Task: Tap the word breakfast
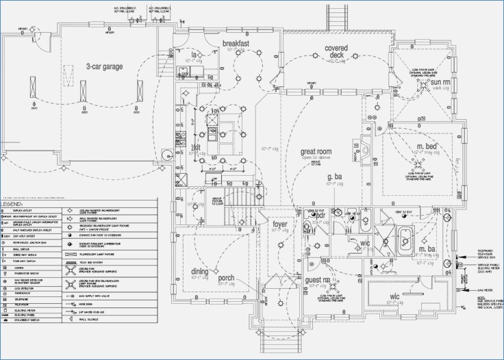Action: pos(235,44)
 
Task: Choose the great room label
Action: pos(316,151)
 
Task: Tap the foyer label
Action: pos(281,224)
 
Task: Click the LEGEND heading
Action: pos(12,204)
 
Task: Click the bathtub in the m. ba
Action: pos(405,237)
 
